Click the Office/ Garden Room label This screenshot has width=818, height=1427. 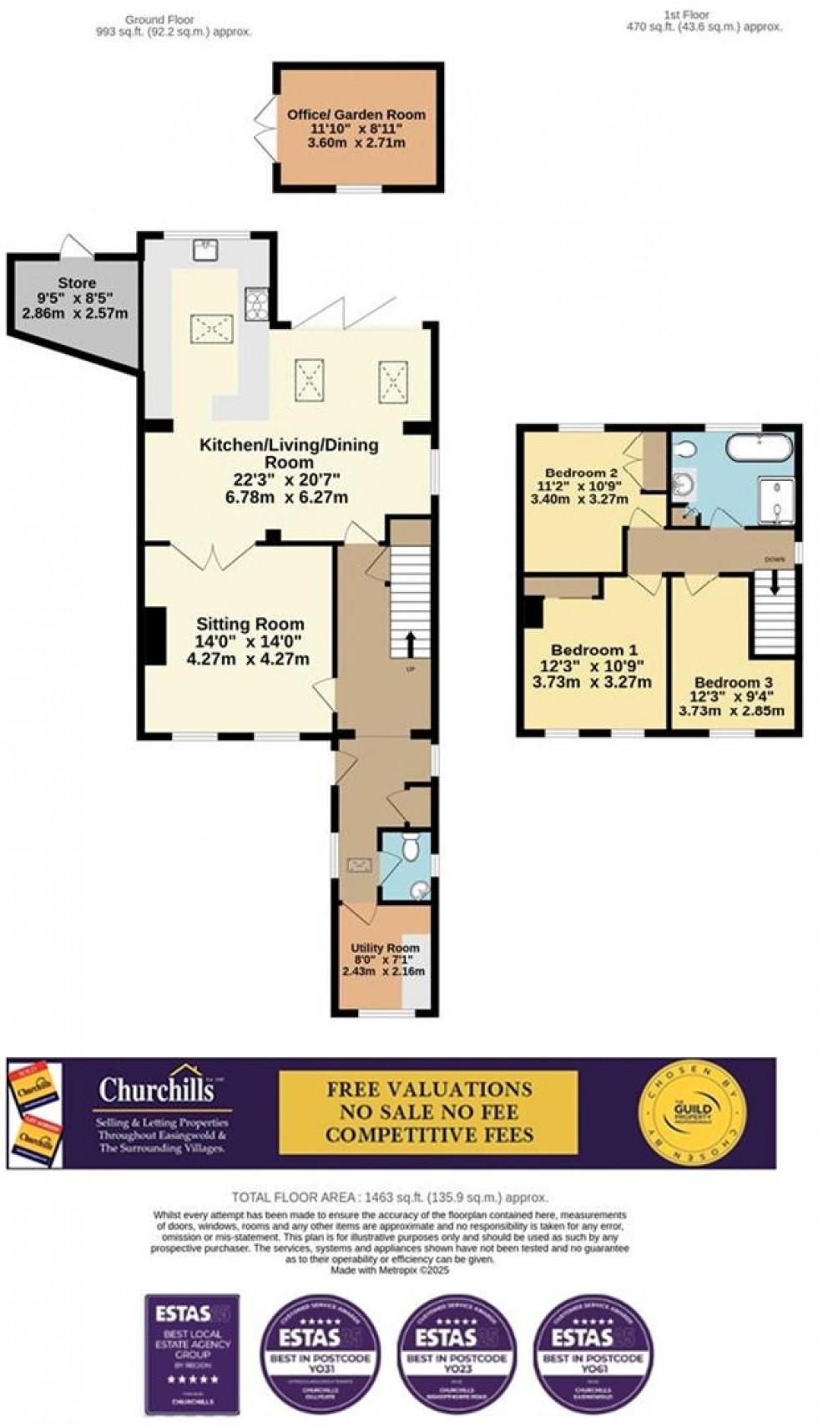(x=356, y=114)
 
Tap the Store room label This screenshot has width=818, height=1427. (x=76, y=283)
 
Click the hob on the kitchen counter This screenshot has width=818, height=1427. (x=256, y=302)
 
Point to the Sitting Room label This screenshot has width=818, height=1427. (x=250, y=625)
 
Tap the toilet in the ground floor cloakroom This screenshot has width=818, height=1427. (x=410, y=847)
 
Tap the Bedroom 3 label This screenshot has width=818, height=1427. (x=728, y=681)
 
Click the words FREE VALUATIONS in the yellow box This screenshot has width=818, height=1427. (x=429, y=1090)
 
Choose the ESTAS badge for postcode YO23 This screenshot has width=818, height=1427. (x=457, y=1342)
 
